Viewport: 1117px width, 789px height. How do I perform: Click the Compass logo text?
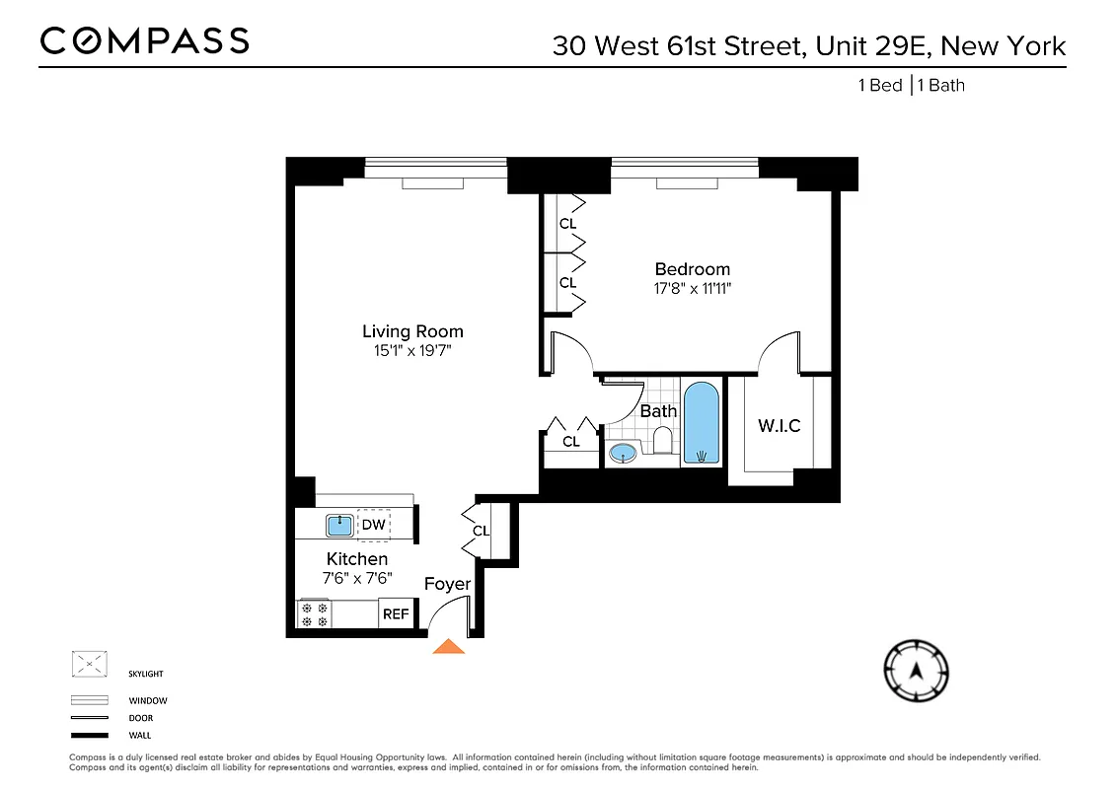144,40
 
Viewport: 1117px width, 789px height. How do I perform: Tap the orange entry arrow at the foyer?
449,646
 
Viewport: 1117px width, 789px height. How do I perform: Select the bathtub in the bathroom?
702,423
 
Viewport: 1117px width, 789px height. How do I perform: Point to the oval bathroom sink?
623,453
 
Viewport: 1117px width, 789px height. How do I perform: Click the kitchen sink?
339,525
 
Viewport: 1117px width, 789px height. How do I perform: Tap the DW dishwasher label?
373,525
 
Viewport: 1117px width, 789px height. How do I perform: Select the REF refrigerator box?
396,613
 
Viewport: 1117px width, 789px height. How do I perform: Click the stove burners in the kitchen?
314,614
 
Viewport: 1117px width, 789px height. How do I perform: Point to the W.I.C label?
779,426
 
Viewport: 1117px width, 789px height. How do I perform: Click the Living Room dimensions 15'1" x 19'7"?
412,350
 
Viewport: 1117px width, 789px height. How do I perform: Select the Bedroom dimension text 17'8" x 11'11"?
693,288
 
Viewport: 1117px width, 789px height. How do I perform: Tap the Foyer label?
447,584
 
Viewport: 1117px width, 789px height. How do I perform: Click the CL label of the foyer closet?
481,531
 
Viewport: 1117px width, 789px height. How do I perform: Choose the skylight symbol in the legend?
89,665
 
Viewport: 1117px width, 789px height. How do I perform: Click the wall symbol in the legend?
89,735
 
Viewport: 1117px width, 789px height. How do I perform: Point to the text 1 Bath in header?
941,85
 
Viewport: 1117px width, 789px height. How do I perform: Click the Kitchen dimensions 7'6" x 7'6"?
357,578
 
